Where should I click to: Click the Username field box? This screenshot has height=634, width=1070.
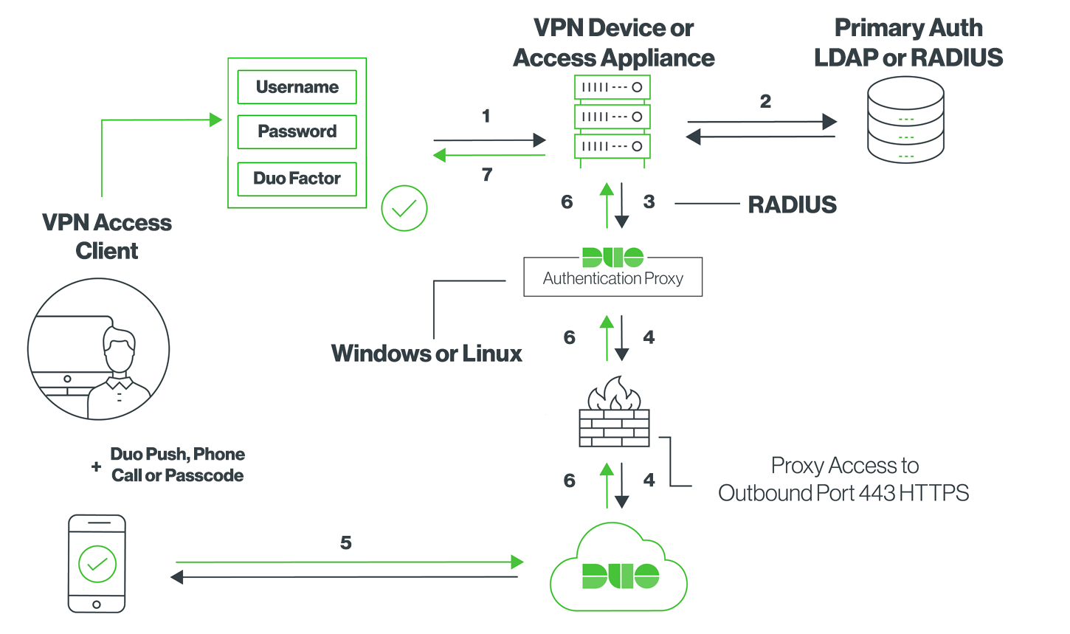click(297, 87)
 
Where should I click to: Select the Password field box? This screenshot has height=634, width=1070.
click(297, 131)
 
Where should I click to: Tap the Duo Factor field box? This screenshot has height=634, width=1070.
click(297, 179)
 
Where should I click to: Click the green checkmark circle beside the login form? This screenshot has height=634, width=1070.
click(404, 208)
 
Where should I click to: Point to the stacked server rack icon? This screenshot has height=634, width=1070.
click(612, 117)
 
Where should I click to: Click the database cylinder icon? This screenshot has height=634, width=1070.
click(905, 120)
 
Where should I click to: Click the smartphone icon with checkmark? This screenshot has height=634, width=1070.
click(97, 563)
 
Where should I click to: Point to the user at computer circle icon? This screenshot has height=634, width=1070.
click(98, 349)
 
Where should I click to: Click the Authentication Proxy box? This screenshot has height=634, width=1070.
click(612, 277)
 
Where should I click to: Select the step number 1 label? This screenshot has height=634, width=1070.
click(486, 116)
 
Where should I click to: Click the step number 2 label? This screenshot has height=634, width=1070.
click(765, 101)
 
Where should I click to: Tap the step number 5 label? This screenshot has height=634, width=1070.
click(345, 543)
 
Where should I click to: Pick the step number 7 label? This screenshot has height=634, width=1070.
click(487, 175)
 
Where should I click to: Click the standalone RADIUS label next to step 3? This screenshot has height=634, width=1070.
click(792, 204)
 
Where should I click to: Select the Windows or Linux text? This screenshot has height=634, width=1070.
click(427, 354)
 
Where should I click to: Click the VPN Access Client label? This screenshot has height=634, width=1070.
click(107, 236)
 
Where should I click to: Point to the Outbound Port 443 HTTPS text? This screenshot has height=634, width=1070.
click(843, 493)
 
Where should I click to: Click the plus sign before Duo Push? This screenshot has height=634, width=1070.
click(96, 466)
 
